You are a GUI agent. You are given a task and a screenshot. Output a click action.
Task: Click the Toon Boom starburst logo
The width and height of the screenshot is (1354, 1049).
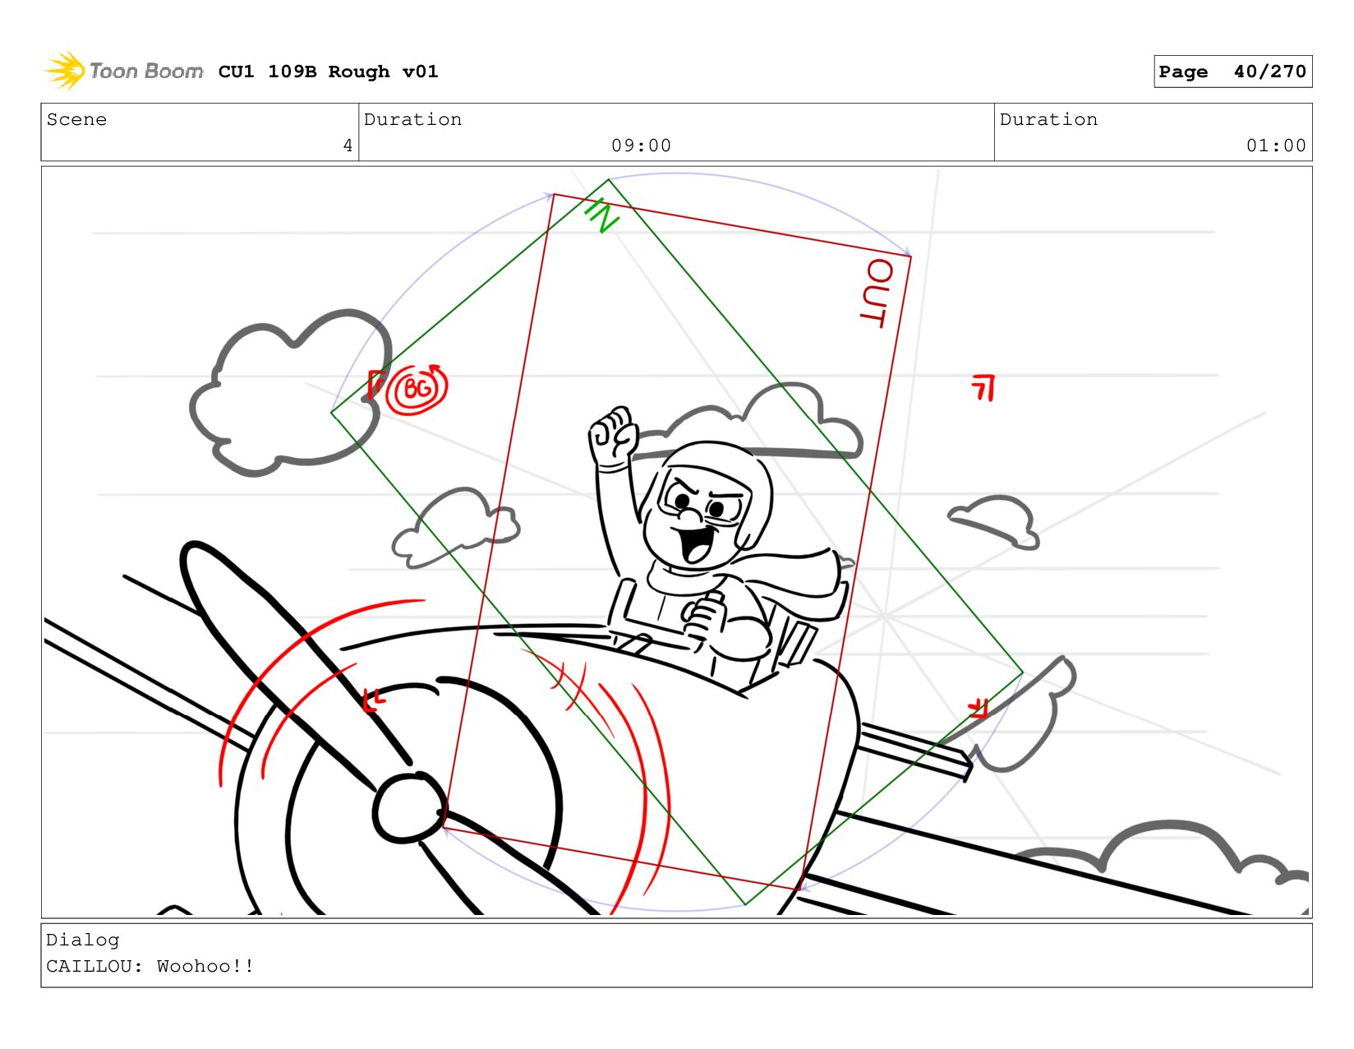(64, 71)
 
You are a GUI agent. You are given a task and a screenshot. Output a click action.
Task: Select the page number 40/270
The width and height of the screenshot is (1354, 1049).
(1269, 72)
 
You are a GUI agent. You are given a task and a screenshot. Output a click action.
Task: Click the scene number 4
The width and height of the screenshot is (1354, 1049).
(348, 146)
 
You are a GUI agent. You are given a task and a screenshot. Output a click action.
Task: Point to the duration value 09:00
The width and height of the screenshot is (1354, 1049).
(641, 146)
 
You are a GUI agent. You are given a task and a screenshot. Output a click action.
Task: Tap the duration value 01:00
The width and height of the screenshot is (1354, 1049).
(1275, 146)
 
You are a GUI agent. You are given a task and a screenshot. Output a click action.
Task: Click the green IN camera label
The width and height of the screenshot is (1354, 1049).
(602, 215)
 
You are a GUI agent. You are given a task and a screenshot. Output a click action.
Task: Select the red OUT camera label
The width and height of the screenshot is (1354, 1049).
(877, 293)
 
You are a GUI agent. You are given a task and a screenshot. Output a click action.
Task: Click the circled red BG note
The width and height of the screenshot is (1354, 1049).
(417, 390)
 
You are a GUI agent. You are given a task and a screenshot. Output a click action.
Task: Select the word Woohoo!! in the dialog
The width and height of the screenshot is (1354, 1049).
(205, 966)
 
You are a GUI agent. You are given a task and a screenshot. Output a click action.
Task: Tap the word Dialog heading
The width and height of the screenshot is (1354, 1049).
(83, 940)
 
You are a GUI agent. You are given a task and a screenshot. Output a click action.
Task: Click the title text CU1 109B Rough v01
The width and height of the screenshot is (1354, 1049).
(329, 72)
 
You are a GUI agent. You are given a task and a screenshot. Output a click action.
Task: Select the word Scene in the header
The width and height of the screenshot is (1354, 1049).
(76, 119)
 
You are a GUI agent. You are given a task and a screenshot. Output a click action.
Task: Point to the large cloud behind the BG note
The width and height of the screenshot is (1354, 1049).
(291, 393)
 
